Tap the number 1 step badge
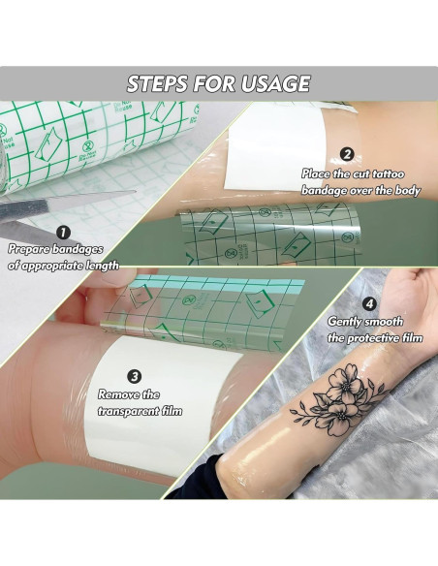pos(63,233)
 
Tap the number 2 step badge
pos(346,154)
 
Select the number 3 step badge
pos(135,377)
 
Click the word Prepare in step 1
pos(32,249)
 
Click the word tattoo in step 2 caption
pos(381,173)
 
